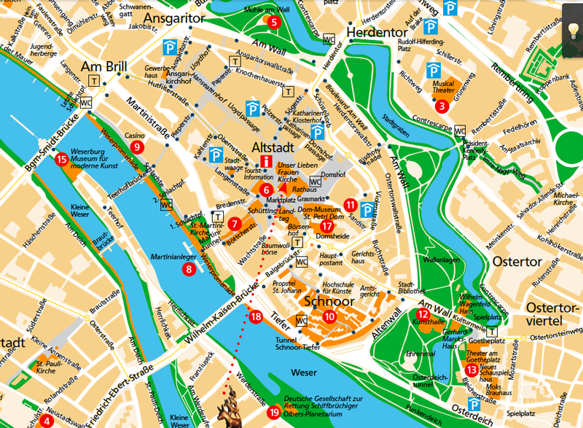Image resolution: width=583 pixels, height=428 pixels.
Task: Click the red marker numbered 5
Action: (274, 22)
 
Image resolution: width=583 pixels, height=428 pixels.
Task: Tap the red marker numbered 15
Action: (61, 158)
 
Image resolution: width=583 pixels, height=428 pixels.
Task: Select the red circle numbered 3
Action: (441, 106)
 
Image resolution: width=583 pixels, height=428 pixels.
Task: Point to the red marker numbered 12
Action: (422, 314)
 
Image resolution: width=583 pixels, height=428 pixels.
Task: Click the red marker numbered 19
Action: (273, 413)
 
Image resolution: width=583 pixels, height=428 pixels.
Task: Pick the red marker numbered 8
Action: (189, 269)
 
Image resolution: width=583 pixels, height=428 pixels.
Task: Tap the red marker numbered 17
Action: (326, 226)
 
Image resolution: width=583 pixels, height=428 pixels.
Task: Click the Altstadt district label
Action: (272, 147)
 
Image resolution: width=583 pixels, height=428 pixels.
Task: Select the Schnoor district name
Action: (329, 301)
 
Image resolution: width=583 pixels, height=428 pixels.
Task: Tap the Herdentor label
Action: (375, 33)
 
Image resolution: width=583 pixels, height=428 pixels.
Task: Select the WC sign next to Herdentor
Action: (329, 39)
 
